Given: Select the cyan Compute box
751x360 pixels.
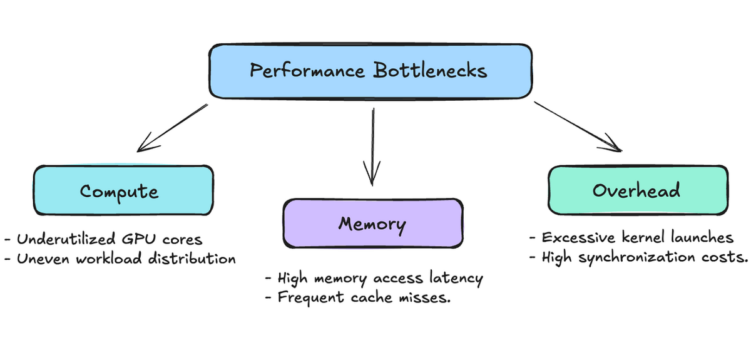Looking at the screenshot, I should point(123,190).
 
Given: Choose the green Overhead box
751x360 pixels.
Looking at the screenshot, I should point(638,190).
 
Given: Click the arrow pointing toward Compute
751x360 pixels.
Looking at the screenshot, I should point(172,128).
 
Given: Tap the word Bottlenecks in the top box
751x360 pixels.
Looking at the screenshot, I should point(430,70).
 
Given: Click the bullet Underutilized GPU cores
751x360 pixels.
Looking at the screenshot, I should point(104,240).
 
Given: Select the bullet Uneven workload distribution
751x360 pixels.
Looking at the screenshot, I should point(120,259).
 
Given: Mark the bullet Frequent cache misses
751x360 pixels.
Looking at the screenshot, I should point(357,297).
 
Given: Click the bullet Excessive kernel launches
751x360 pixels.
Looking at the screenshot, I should point(631,238).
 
